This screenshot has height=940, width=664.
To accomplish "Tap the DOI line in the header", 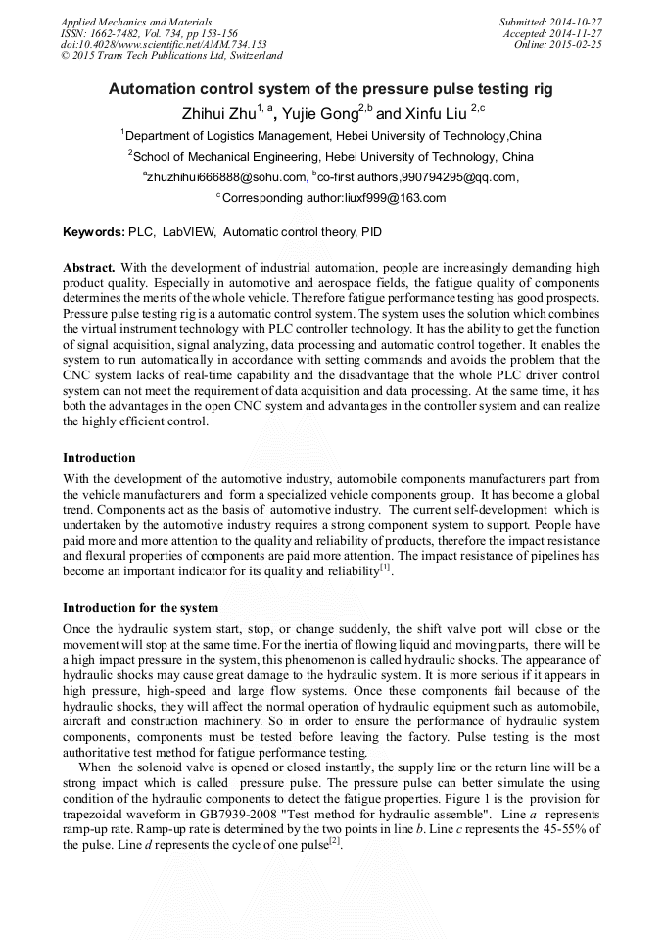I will click(x=164, y=44).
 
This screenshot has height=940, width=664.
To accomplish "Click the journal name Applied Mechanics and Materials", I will click(x=136, y=21).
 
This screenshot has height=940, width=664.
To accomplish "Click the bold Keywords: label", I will click(x=93, y=233).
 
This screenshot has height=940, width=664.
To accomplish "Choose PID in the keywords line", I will click(x=371, y=233).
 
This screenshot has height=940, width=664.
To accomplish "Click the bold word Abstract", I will click(x=89, y=268).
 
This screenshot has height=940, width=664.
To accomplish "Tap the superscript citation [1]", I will click(x=385, y=568).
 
